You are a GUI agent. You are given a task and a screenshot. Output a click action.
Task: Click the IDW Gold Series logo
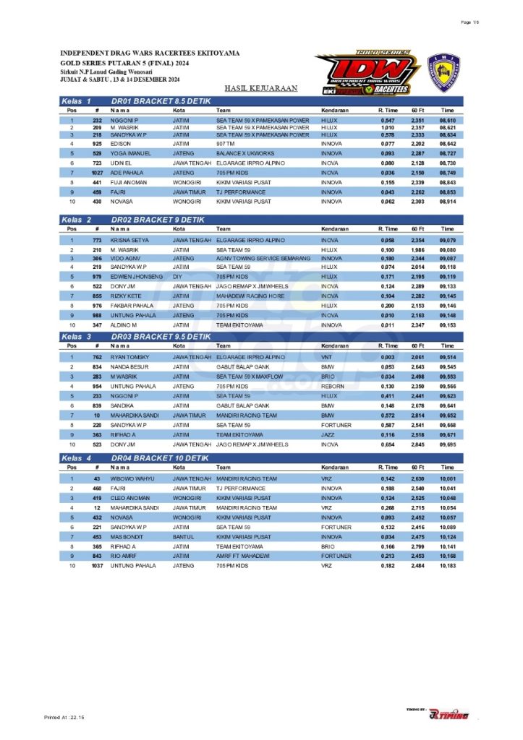coord(367,72)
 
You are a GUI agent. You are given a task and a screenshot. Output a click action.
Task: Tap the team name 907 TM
coord(226,144)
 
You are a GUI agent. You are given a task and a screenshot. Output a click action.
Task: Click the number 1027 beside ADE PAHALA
coord(97,173)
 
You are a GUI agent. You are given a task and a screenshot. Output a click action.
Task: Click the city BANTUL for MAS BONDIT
coord(181,536)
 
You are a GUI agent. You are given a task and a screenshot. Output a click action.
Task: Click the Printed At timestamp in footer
coord(64,716)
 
